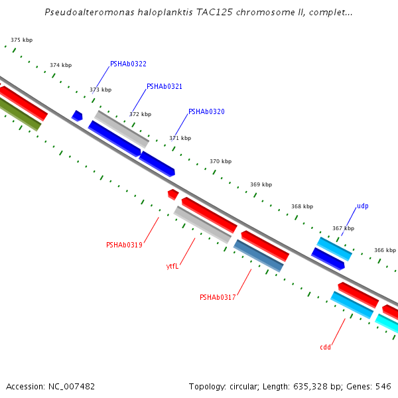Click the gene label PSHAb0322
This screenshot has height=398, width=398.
(x=128, y=64)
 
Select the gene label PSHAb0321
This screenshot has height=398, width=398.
(x=165, y=87)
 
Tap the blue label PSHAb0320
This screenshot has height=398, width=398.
(x=206, y=112)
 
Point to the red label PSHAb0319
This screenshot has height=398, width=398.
(x=124, y=245)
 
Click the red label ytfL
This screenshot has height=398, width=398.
(x=172, y=267)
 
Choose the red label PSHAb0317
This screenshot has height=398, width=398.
(x=218, y=298)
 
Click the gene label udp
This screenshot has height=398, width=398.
(x=362, y=206)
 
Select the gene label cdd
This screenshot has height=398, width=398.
(x=325, y=348)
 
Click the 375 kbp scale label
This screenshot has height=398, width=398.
(x=21, y=40)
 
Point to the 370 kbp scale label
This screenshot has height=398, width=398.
(x=220, y=161)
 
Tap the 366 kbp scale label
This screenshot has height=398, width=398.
(x=385, y=250)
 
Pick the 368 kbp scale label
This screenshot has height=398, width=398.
(x=302, y=207)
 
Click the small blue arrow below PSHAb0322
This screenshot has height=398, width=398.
(x=77, y=116)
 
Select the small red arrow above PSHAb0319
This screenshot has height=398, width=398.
(x=172, y=194)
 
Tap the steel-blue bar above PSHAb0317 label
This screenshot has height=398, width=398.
(x=259, y=256)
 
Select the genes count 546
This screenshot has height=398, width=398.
(x=383, y=386)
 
